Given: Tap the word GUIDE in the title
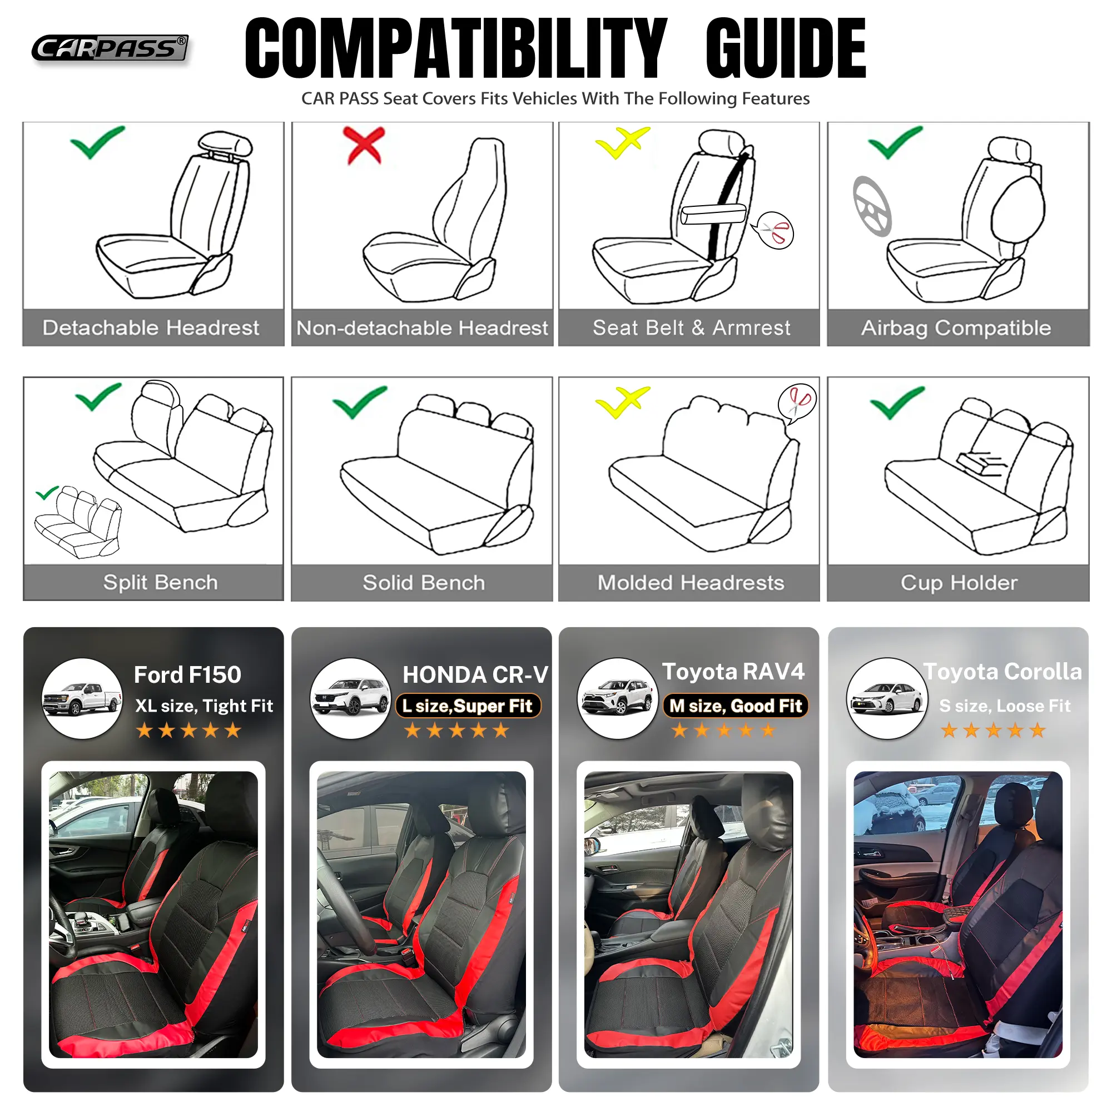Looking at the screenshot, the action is tap(786, 48).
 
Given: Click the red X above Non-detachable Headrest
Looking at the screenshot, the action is tap(364, 145).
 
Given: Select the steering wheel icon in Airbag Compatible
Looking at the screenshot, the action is tap(872, 206).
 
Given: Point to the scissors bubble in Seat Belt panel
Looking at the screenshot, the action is tap(775, 230).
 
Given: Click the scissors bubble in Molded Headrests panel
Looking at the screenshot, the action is tap(797, 403).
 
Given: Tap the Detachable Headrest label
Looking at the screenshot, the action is tap(151, 328).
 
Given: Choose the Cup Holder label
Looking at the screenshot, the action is tap(959, 583).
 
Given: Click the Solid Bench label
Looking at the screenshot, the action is tap(424, 583).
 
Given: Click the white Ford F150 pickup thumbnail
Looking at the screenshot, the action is tap(82, 698).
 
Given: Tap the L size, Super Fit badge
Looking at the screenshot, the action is tap(468, 706).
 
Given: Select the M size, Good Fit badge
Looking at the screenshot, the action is tap(736, 706).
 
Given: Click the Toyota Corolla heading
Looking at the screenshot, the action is tap(1002, 672).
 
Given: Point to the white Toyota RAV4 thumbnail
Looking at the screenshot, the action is tap(618, 698).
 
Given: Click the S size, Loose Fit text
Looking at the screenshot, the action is tap(1005, 706).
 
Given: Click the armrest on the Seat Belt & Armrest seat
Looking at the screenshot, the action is tap(713, 214).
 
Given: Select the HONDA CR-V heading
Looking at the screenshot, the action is tap(475, 674).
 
